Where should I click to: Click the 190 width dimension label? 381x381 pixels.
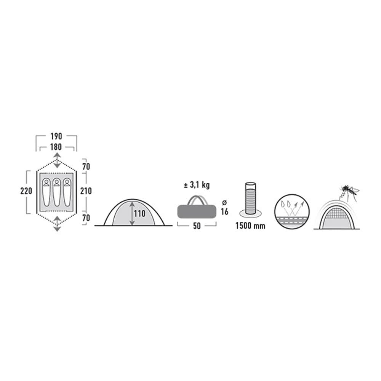(56, 136)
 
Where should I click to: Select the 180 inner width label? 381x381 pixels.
(56, 147)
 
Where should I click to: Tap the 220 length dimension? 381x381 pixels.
(26, 191)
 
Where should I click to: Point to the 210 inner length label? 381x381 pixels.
(86, 191)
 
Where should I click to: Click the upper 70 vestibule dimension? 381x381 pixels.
(86, 167)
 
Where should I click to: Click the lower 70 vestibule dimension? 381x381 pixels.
(86, 218)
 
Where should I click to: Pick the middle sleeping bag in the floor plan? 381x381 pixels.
(57, 192)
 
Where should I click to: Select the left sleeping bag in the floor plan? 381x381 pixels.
(46, 192)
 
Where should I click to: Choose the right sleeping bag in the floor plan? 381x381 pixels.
(67, 192)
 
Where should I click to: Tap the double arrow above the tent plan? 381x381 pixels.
(57, 160)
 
